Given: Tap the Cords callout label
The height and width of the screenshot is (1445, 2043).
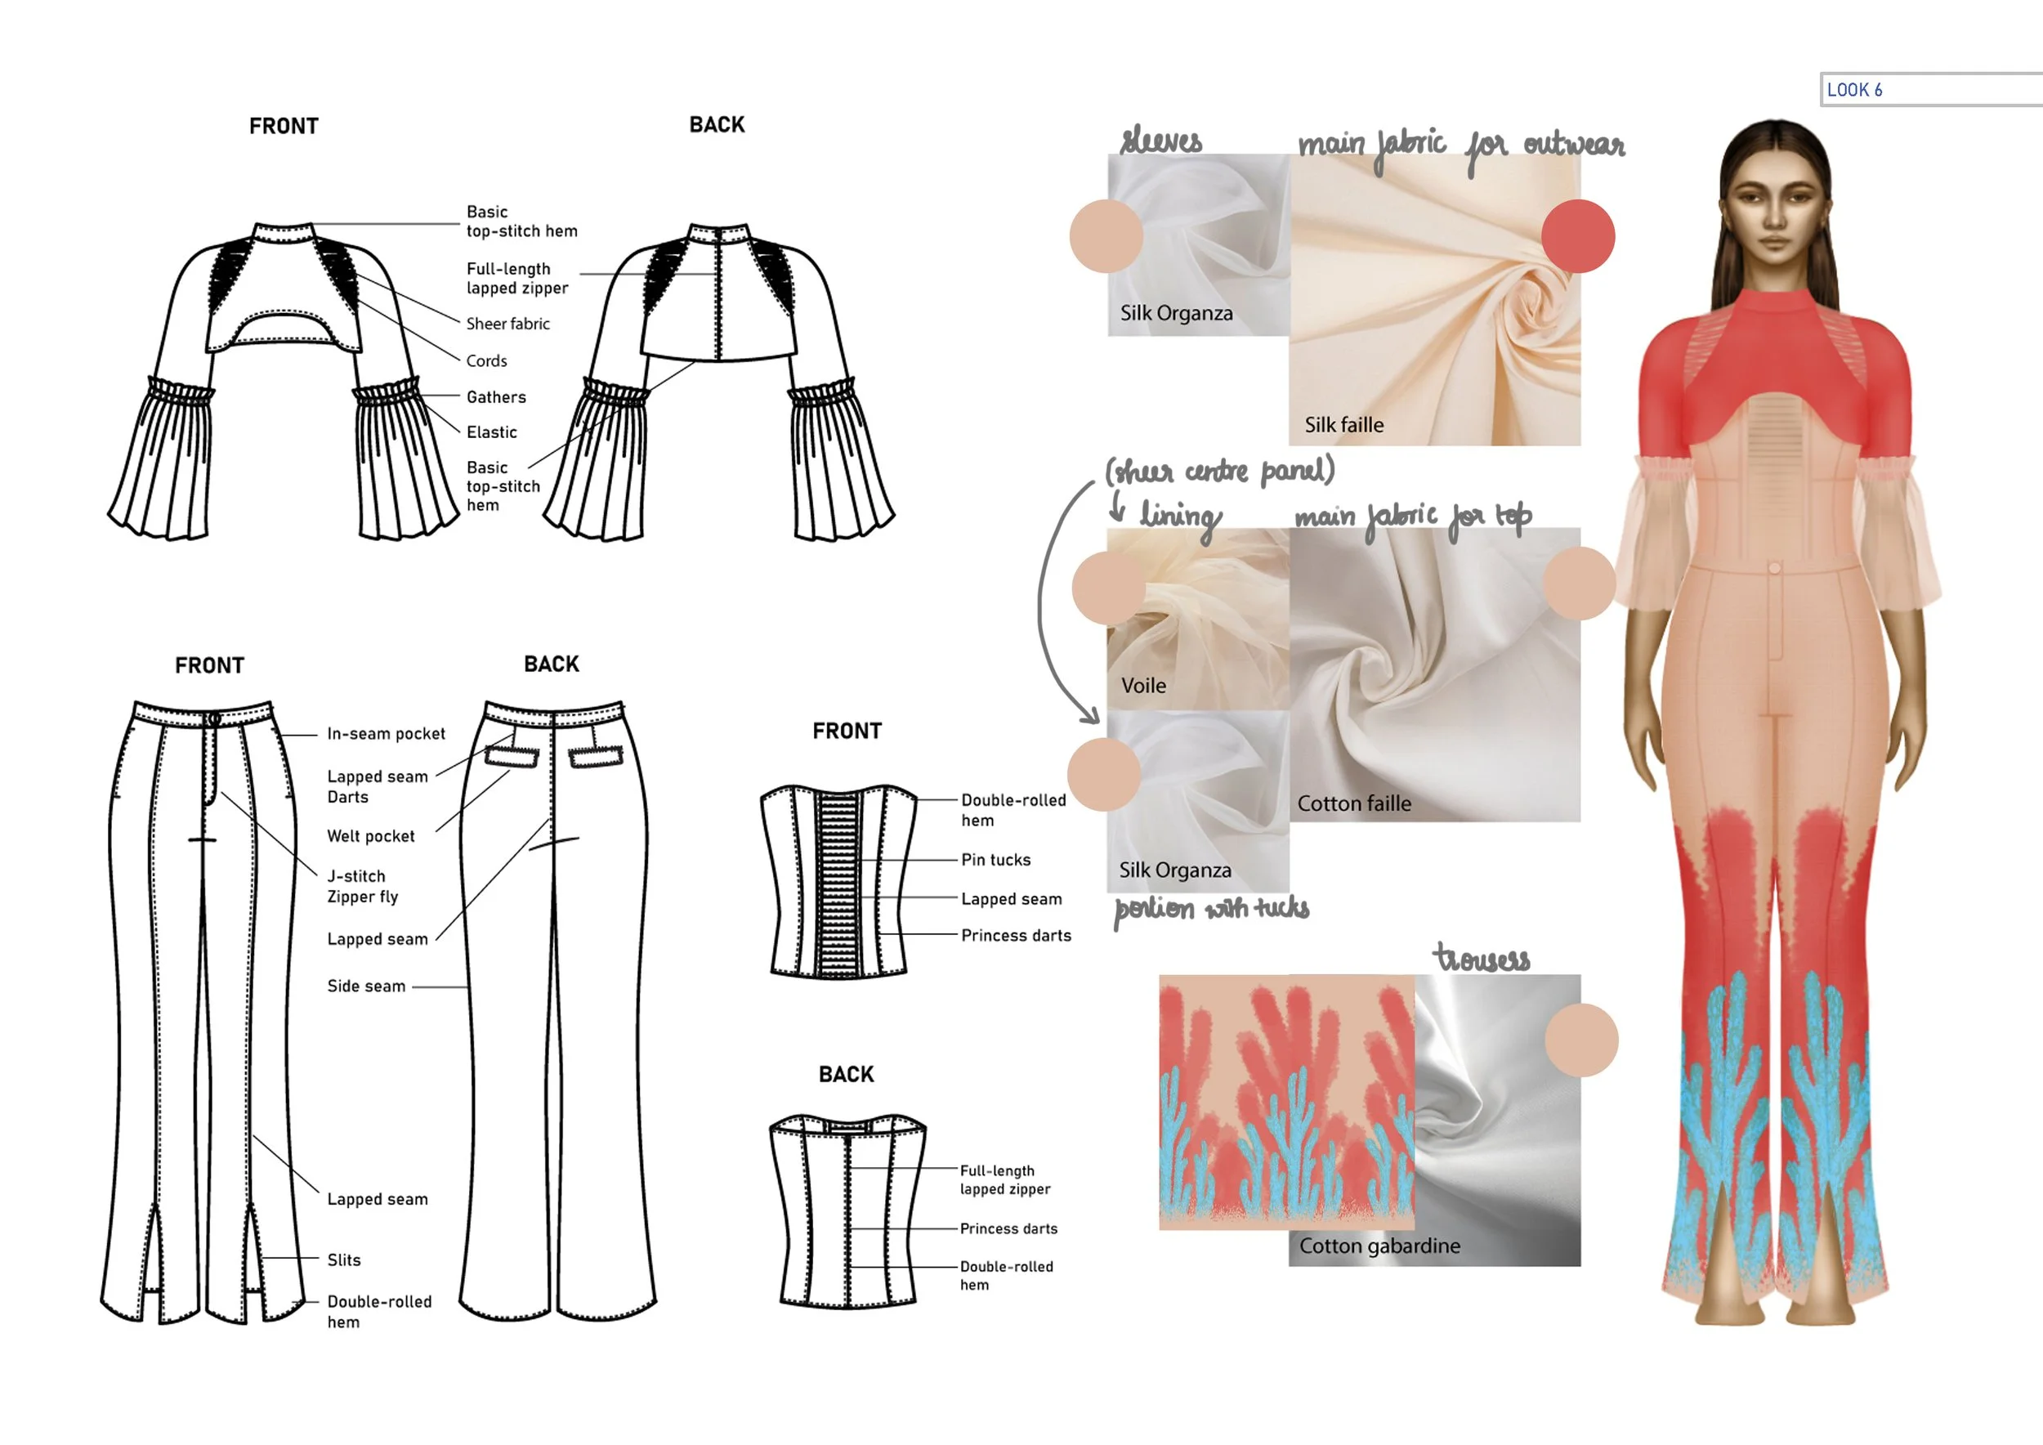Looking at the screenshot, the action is pos(486,361).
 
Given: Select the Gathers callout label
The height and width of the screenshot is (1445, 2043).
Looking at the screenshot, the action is pos(495,398).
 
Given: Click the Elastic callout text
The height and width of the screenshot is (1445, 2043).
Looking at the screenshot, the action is pos(491,432).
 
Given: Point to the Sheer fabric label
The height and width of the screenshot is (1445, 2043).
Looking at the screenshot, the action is pos(507,324).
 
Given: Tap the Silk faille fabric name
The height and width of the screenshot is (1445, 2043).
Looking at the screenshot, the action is pos(1343,425).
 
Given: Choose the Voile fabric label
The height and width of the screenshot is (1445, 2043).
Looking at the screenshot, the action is pos(1143,686).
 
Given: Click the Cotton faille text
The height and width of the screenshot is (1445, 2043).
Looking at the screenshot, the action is pos(1353,804).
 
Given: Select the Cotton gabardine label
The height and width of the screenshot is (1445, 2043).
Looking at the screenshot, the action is pos(1379,1246).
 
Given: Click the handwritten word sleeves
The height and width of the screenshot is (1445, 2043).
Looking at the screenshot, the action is pos(1160,141).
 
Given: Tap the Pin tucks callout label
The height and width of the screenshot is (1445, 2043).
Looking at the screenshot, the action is pos(995,861).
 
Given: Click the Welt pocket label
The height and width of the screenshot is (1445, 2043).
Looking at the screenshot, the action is pos(370,836).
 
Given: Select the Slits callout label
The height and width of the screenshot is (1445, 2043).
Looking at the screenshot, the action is pos(343,1261).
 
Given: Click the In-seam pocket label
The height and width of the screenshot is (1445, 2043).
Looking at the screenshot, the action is pos(387,734).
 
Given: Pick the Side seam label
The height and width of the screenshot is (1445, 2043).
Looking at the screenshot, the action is pos(366,986).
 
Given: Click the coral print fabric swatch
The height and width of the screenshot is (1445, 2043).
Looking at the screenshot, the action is pos(1285,1103).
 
